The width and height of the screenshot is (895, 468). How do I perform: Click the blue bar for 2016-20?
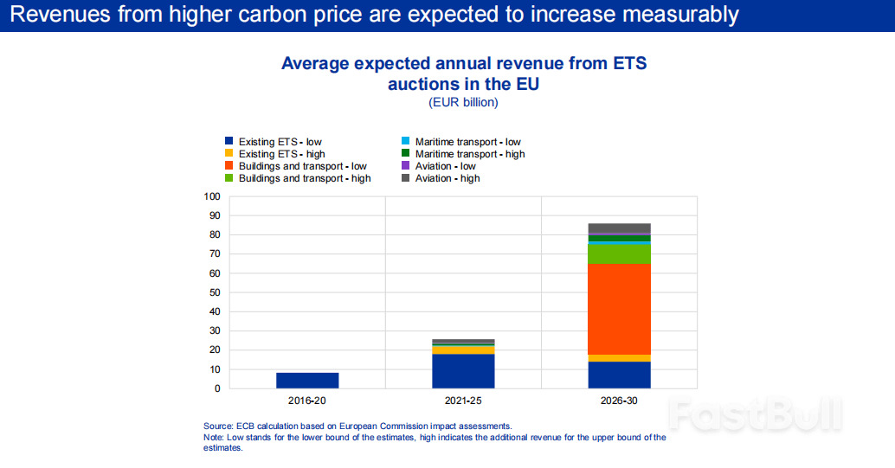[x=307, y=380]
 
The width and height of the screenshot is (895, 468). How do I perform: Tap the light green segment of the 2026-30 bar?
[x=619, y=254]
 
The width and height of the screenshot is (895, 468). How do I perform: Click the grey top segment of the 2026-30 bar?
[x=619, y=228]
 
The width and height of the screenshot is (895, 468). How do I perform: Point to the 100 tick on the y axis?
[x=212, y=196]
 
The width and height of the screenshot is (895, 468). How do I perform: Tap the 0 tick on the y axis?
[x=217, y=388]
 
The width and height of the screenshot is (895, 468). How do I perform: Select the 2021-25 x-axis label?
[x=463, y=402]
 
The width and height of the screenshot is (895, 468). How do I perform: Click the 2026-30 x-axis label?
[x=619, y=402]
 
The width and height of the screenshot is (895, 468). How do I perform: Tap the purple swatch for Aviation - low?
[x=405, y=166]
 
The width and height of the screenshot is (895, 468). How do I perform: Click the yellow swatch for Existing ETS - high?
[x=229, y=154]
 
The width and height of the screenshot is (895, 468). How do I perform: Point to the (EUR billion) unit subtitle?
[x=463, y=103]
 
